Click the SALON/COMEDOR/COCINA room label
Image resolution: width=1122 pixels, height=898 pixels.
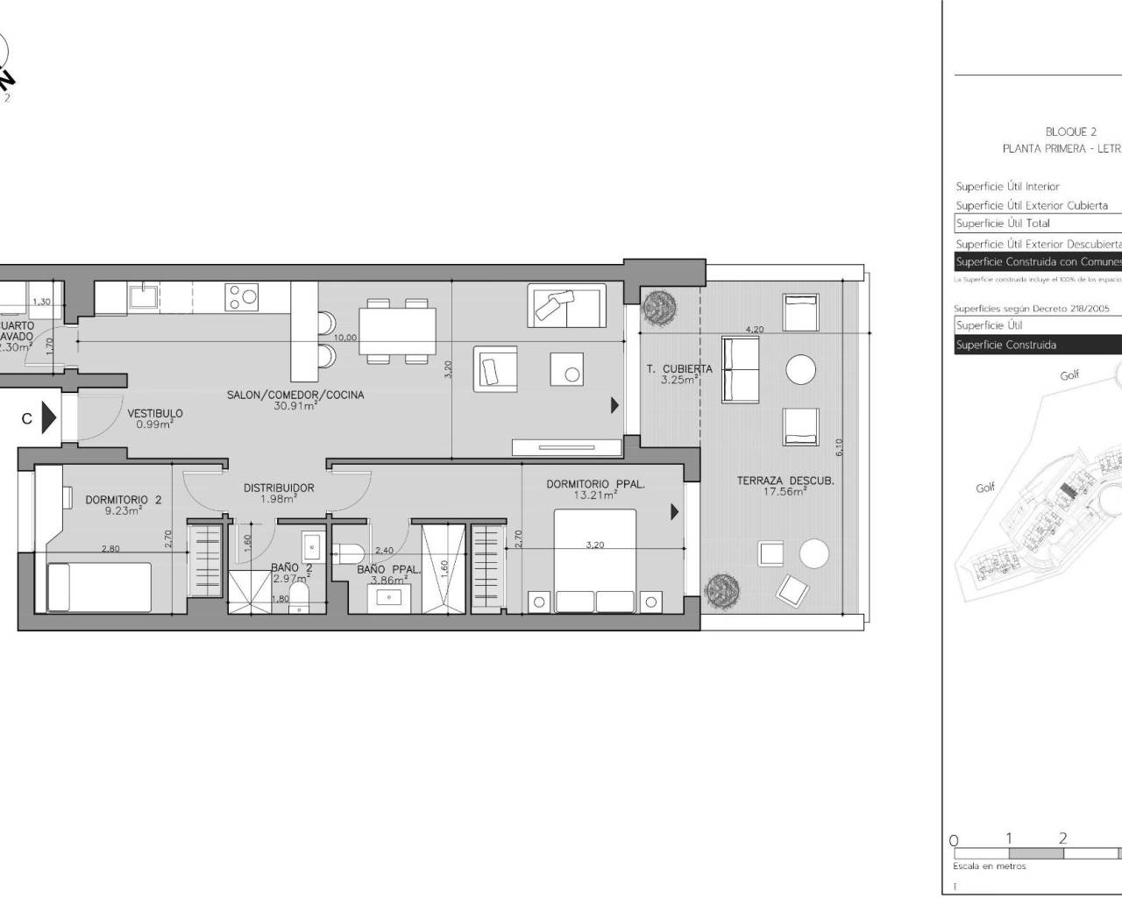[295, 395]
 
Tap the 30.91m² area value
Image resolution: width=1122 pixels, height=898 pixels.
[295, 406]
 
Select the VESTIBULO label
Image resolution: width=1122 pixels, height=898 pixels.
[155, 413]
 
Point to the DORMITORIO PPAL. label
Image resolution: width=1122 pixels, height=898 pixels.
[595, 483]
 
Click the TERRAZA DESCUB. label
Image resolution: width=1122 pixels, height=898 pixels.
[785, 481]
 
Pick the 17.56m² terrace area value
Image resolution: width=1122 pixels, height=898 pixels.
[785, 492]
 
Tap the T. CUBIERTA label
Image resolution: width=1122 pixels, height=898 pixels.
[679, 369]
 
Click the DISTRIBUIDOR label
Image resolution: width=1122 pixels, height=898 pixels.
[279, 488]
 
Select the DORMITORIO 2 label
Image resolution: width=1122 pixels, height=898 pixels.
[124, 500]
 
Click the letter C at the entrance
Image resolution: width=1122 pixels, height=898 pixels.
[27, 419]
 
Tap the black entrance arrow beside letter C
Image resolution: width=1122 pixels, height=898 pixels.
[49, 418]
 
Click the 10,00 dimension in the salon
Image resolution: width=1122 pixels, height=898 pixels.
[344, 337]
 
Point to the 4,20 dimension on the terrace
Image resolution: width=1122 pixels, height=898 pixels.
[754, 330]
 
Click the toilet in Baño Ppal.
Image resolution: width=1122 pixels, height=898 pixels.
[347, 552]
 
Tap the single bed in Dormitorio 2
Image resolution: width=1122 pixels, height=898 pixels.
[98, 587]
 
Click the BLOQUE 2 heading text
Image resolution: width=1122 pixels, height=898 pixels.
[1071, 132]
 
